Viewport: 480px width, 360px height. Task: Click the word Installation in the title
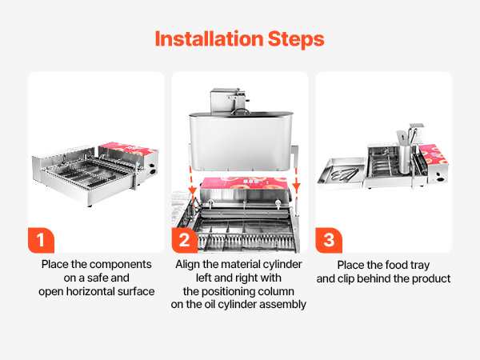[x=209, y=39]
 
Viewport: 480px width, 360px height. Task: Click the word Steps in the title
[x=296, y=40]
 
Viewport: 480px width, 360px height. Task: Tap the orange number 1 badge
[x=41, y=240]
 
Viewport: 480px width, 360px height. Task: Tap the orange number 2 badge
[x=185, y=240]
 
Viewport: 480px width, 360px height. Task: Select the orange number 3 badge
[x=329, y=240]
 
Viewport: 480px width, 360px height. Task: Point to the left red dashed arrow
[x=192, y=180]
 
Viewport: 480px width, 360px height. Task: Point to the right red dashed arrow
[x=296, y=180]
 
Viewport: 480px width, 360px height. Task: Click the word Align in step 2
[x=188, y=265]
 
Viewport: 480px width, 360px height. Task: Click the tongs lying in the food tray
[x=344, y=174]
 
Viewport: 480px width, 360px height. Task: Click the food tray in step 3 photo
[x=342, y=173]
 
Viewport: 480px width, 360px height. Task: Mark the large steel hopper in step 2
[x=241, y=142]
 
